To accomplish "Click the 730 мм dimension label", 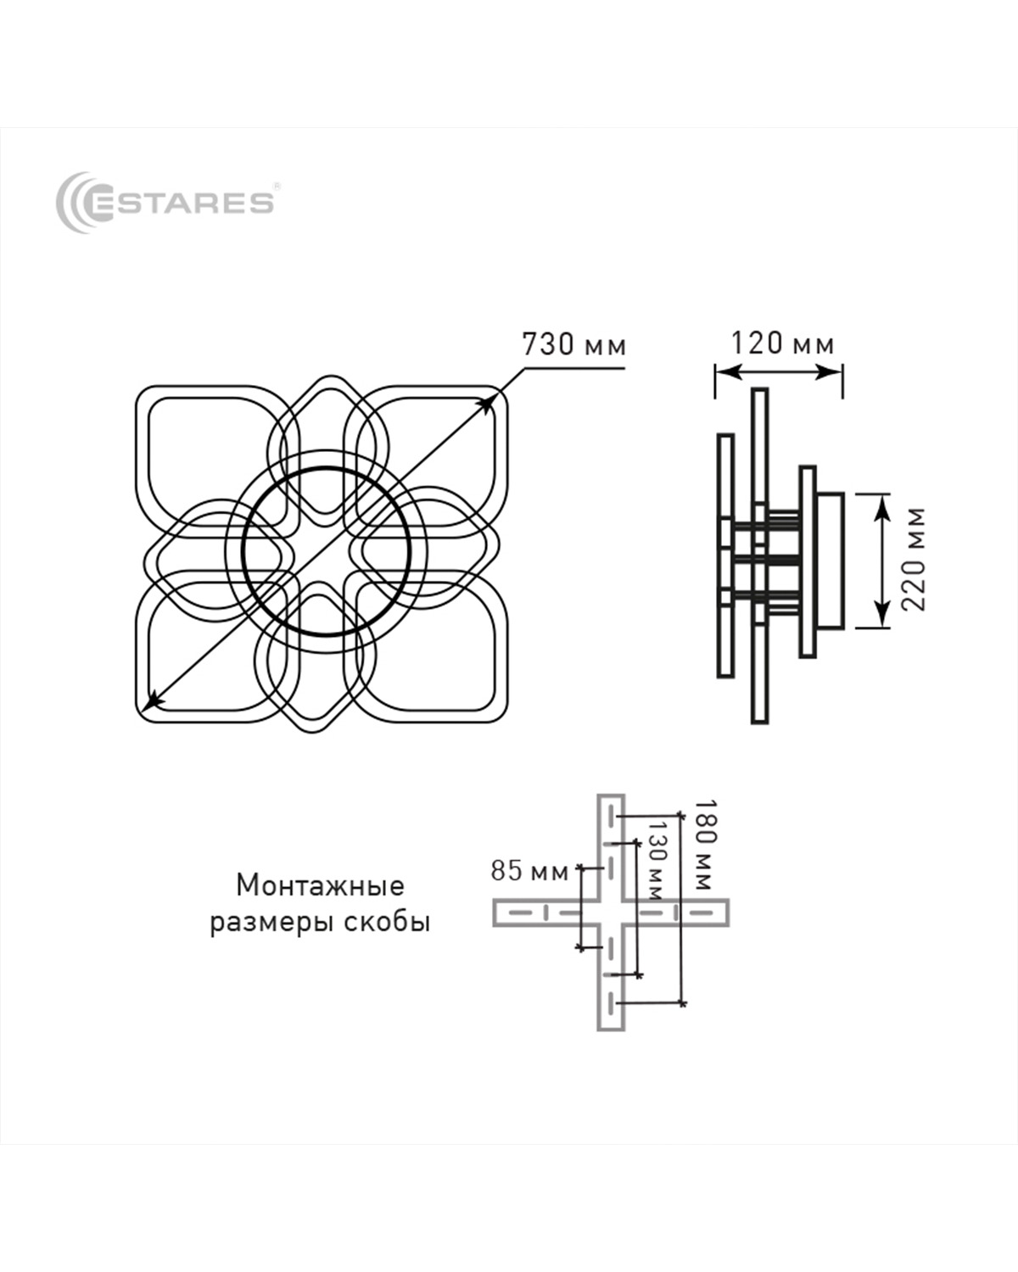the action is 573,344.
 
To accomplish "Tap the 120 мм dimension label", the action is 782,343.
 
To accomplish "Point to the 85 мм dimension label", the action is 529,871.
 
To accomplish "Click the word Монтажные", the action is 320,885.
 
